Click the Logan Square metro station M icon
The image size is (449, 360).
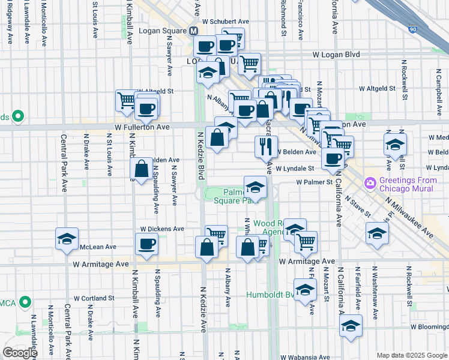pyautogui.click(x=194, y=31)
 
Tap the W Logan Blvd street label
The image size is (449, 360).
pyautogui.click(x=336, y=55)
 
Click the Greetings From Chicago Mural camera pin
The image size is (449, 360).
pyautogui.click(x=370, y=182)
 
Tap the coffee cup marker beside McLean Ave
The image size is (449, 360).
pyautogui.click(x=146, y=244)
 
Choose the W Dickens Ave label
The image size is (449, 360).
pyautogui.click(x=162, y=229)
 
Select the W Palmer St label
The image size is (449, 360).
pyautogui.click(x=313, y=182)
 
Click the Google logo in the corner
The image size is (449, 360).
pyautogui.click(x=19, y=353)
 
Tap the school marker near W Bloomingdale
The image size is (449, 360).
pyautogui.click(x=351, y=326)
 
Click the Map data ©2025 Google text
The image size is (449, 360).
pyautogui.click(x=412, y=355)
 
